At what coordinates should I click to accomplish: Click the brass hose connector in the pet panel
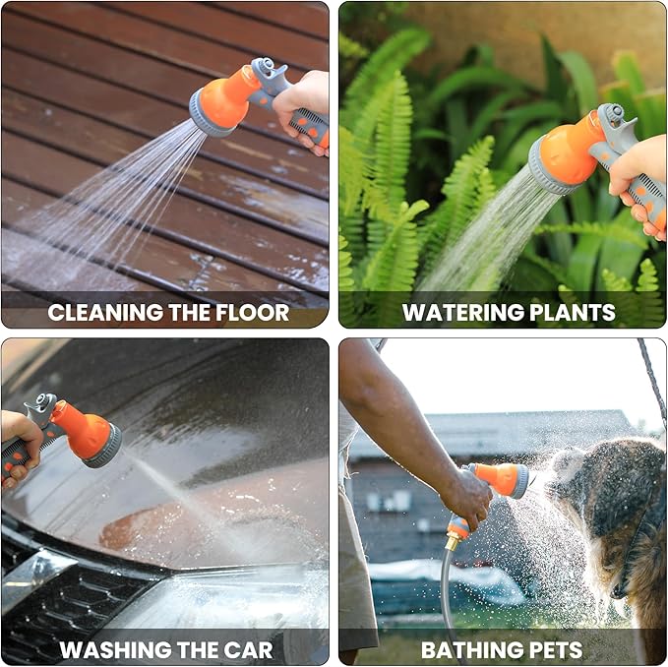coord(453,540)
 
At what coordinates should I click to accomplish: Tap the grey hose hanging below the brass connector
coord(448,600)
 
